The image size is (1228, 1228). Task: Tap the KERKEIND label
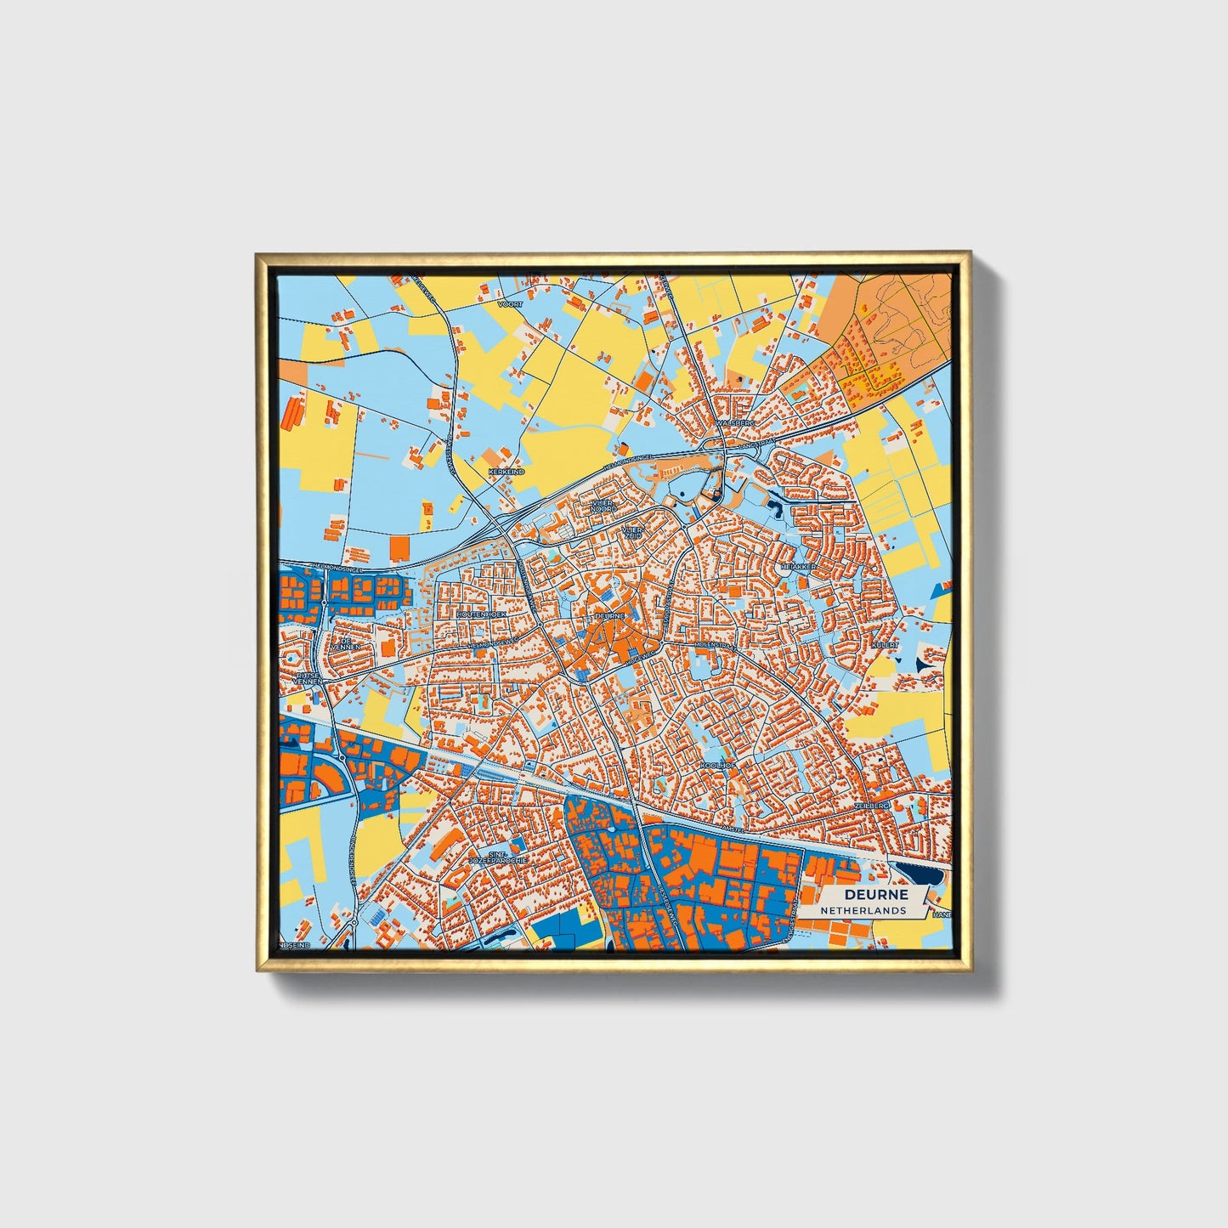pyautogui.click(x=506, y=471)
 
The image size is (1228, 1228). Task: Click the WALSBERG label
pyautogui.click(x=735, y=422)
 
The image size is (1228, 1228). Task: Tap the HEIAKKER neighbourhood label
pyautogui.click(x=799, y=566)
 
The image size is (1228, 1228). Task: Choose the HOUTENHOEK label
pyautogui.click(x=481, y=613)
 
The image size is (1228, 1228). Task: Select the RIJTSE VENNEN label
pyautogui.click(x=307, y=678)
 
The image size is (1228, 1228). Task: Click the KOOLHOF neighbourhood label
pyautogui.click(x=716, y=766)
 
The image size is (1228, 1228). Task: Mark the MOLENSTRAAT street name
pyautogui.click(x=715, y=646)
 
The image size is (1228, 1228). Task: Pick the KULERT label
pyautogui.click(x=885, y=646)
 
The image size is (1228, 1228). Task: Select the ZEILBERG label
pyautogui.click(x=872, y=804)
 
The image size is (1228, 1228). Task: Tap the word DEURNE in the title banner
pyautogui.click(x=875, y=895)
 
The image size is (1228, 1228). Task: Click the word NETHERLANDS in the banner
pyautogui.click(x=863, y=910)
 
